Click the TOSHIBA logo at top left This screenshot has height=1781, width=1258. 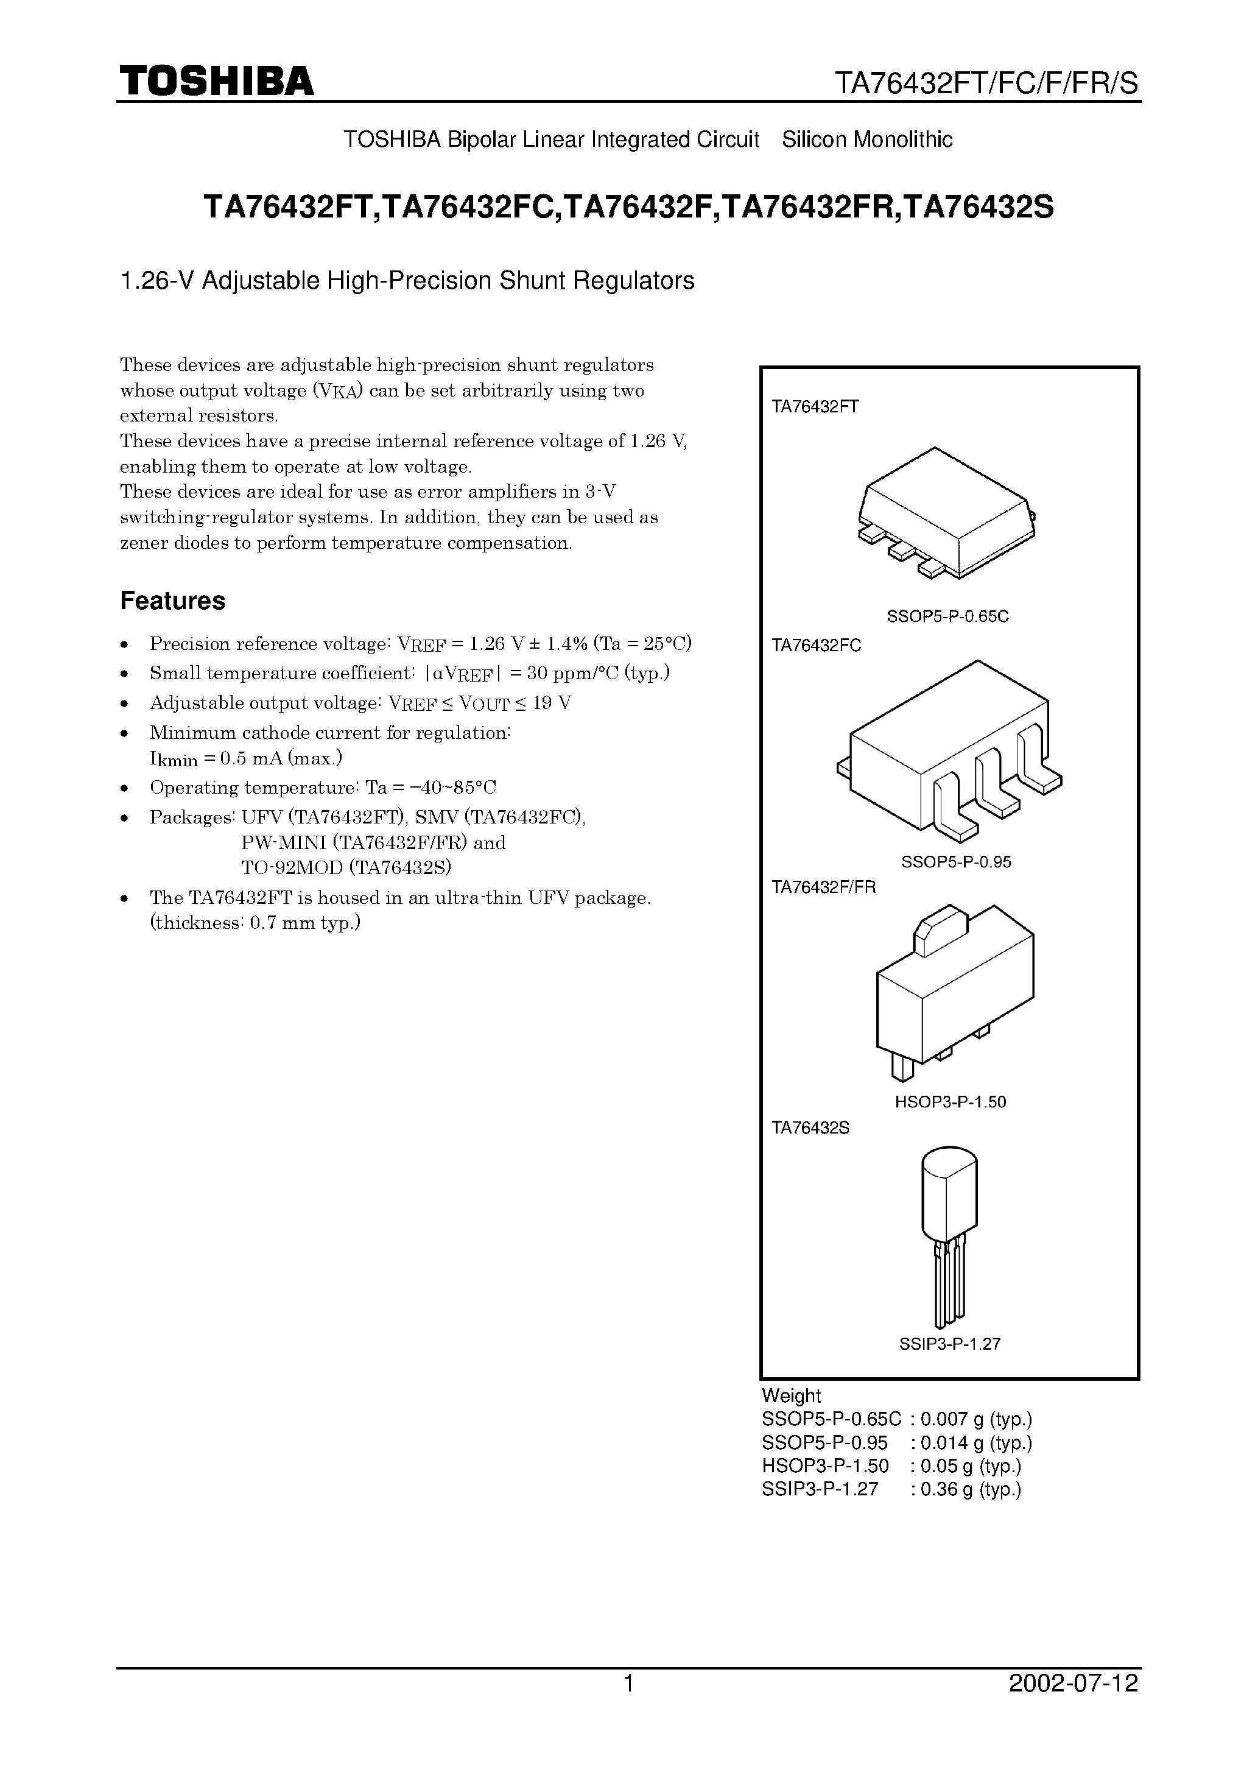tap(216, 82)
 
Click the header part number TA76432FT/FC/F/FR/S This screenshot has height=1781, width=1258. tap(986, 83)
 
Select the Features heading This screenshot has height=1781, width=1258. tap(172, 601)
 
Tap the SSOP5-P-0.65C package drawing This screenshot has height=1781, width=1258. tap(946, 513)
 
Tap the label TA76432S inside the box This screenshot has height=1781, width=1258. tap(810, 1128)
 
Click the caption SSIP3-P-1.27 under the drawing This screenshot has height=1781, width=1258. tap(949, 1344)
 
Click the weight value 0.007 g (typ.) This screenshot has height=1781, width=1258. tap(975, 1420)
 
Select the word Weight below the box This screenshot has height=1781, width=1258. tap(790, 1395)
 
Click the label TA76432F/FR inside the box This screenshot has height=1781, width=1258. tap(823, 887)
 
